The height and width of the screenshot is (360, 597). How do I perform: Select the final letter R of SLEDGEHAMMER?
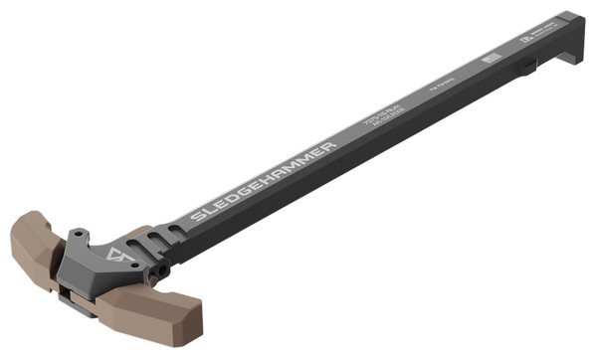pyautogui.click(x=330, y=145)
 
